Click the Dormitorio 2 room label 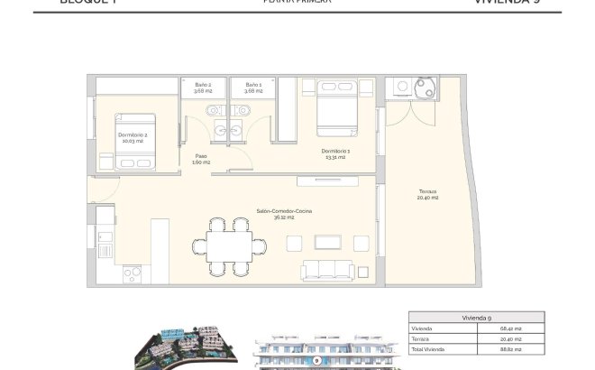pyautogui.click(x=133, y=137)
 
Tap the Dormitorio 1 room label pyautogui.click(x=335, y=153)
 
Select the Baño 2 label pyautogui.click(x=203, y=88)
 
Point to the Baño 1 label pyautogui.click(x=253, y=88)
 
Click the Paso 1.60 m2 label pyautogui.click(x=201, y=159)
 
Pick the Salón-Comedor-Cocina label pyautogui.click(x=284, y=214)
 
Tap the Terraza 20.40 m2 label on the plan pyautogui.click(x=427, y=194)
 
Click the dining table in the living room pyautogui.click(x=231, y=245)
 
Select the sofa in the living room pyautogui.click(x=328, y=270)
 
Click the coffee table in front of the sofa pyautogui.click(x=328, y=242)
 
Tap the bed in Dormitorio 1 pyautogui.click(x=336, y=106)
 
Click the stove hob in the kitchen pyautogui.click(x=133, y=272)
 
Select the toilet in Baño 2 pyautogui.click(x=210, y=111)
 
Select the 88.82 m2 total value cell pyautogui.click(x=510, y=348)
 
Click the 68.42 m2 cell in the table pyautogui.click(x=510, y=328)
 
